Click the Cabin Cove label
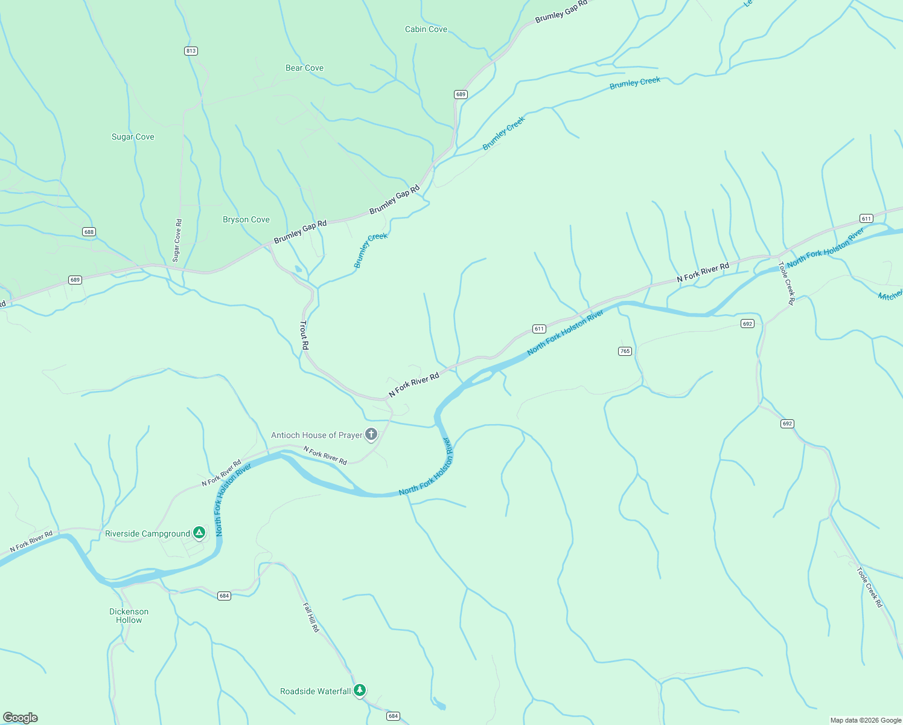(x=426, y=29)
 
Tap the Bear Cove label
(x=304, y=68)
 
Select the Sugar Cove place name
(x=133, y=137)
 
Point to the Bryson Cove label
(x=246, y=219)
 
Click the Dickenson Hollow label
(x=129, y=616)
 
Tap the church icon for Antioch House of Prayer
(x=371, y=434)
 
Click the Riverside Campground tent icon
(x=199, y=533)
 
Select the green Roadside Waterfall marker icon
(x=360, y=690)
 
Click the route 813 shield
(x=191, y=51)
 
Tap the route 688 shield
(x=89, y=232)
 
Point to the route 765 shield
(x=625, y=351)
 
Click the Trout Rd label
(x=304, y=335)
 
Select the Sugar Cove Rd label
(x=177, y=240)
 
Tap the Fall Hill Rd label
(x=310, y=617)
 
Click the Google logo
(x=21, y=717)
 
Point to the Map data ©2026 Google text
(x=865, y=720)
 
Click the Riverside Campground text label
(x=147, y=533)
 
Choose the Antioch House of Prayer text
(x=316, y=435)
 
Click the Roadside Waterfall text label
(x=315, y=691)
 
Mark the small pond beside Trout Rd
(x=298, y=269)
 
